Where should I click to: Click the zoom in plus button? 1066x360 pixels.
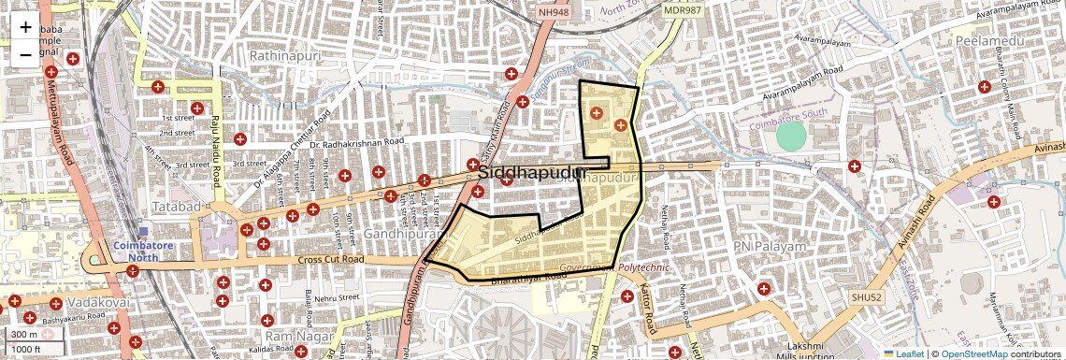click(x=25, y=28)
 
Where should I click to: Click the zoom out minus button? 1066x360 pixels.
click(x=25, y=54)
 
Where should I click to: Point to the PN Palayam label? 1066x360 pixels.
click(x=770, y=246)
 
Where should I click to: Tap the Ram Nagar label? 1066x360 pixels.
click(x=294, y=335)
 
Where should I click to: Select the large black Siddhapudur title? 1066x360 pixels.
click(x=531, y=174)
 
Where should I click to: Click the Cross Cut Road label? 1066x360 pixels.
click(x=330, y=259)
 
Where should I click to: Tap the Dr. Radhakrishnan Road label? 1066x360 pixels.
click(x=356, y=143)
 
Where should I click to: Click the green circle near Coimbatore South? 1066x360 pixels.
click(x=791, y=137)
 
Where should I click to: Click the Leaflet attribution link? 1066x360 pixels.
click(x=903, y=353)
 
